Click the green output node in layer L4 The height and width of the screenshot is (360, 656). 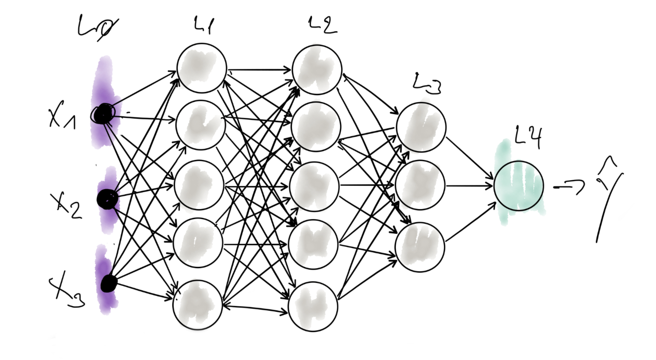(518, 186)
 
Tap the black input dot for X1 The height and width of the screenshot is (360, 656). (104, 115)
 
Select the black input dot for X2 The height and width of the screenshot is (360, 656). (106, 199)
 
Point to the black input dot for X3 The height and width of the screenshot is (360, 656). (108, 284)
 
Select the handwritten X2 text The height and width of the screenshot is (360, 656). (66, 203)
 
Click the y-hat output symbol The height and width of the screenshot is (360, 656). (608, 199)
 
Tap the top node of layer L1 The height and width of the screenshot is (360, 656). (202, 69)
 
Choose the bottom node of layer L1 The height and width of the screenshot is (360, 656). (197, 304)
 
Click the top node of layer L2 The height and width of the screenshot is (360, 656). (317, 69)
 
